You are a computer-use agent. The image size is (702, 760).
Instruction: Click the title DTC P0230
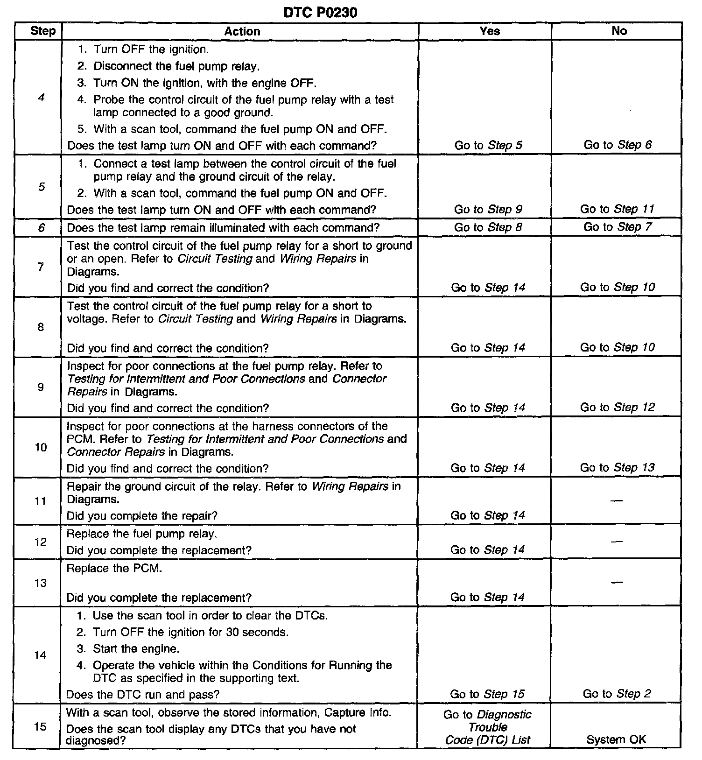point(320,12)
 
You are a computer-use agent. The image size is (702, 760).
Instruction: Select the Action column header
point(242,31)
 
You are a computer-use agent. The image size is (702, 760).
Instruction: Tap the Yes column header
point(490,31)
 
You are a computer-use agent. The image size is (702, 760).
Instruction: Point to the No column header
point(619,31)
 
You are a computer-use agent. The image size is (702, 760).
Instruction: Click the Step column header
point(42,31)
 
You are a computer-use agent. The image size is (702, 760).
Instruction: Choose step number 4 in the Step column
point(42,98)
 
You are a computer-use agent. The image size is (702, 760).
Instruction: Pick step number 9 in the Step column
point(41,387)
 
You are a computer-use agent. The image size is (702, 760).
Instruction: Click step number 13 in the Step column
point(41,583)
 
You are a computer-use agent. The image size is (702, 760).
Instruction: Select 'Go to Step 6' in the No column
point(618,145)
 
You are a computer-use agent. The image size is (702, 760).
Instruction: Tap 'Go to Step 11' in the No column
point(617,209)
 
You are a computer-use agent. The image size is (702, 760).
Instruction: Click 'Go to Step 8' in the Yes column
point(488,227)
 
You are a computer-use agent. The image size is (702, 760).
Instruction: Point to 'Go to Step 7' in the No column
point(618,227)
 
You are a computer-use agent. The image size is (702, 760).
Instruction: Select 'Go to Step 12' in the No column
point(617,408)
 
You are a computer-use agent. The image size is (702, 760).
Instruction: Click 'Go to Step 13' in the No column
point(617,468)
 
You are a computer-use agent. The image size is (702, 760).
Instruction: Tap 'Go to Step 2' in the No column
point(617,694)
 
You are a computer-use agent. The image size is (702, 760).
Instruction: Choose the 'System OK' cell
point(616,739)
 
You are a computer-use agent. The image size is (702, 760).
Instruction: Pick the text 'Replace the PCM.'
point(114,569)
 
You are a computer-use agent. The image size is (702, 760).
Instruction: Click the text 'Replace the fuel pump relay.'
point(141,534)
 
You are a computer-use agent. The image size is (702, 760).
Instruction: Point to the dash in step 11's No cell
point(617,501)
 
